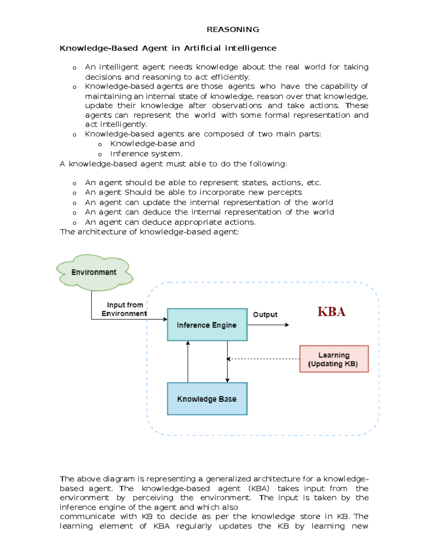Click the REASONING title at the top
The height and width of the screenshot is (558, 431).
pyautogui.click(x=233, y=29)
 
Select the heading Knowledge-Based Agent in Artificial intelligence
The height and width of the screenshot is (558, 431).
pyautogui.click(x=168, y=48)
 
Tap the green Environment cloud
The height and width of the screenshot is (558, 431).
pyautogui.click(x=94, y=272)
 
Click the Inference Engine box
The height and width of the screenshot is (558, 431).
pyautogui.click(x=207, y=325)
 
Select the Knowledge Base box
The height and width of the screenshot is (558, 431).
pyautogui.click(x=207, y=399)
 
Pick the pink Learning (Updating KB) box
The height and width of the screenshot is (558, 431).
pyautogui.click(x=334, y=359)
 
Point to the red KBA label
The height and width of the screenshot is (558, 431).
pyautogui.click(x=331, y=312)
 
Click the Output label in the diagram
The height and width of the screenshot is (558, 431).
pyautogui.click(x=265, y=314)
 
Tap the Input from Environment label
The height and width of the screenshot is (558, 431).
pyautogui.click(x=124, y=309)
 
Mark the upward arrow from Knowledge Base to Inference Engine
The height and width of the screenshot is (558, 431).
pyautogui.click(x=188, y=361)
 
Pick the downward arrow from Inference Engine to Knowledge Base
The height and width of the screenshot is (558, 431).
pyautogui.click(x=227, y=361)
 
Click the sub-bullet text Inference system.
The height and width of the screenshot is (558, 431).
pyautogui.click(x=146, y=154)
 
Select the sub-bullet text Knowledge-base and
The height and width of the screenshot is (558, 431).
pyautogui.click(x=152, y=144)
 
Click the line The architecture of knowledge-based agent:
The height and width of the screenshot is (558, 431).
pyautogui.click(x=149, y=232)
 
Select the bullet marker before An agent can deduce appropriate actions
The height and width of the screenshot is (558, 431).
pyautogui.click(x=74, y=223)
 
